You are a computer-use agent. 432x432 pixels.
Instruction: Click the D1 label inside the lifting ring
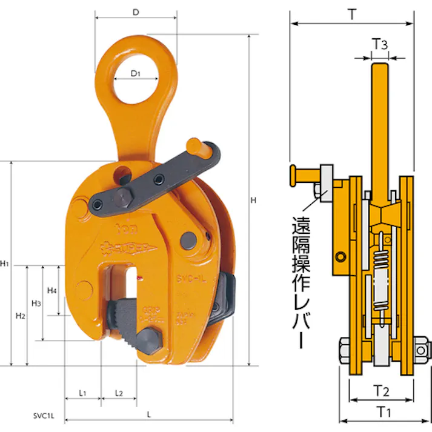pos(136,74)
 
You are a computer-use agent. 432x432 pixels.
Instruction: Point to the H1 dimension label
pos(5,264)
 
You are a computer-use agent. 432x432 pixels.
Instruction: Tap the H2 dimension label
pos(21,316)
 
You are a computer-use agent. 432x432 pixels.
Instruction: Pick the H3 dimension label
pos(36,302)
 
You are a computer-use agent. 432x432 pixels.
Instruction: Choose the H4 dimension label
pos(52,290)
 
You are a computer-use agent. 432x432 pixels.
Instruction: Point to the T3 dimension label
pos(380,44)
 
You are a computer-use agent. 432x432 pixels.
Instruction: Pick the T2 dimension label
pos(380,391)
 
